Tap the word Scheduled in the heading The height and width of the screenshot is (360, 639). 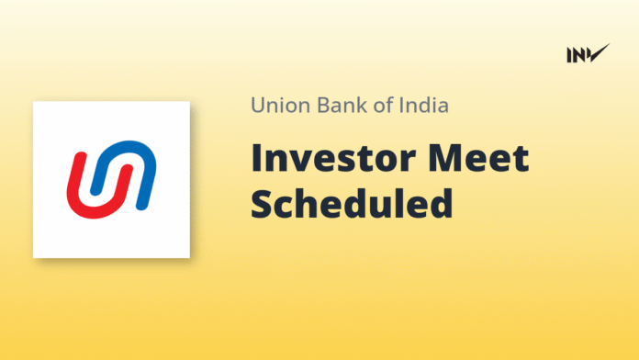point(352,204)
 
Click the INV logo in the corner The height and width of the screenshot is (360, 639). point(588,54)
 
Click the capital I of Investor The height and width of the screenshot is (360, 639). point(256,159)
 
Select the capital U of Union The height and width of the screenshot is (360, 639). point(258,106)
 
